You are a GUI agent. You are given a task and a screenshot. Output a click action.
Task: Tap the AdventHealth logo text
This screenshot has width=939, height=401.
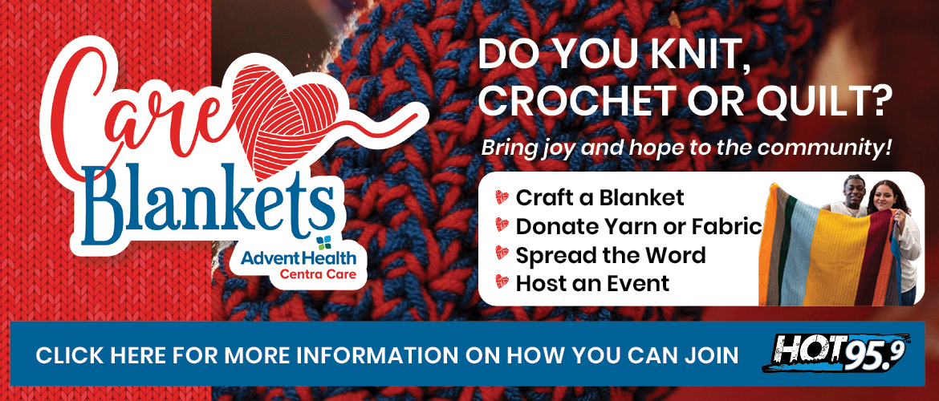tap(299, 258)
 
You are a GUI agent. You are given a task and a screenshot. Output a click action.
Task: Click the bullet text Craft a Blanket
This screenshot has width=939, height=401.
tap(600, 197)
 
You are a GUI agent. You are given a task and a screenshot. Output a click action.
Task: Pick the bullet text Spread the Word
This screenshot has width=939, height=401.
tap(610, 255)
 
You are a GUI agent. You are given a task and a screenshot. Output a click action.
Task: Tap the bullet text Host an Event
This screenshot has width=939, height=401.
tap(592, 283)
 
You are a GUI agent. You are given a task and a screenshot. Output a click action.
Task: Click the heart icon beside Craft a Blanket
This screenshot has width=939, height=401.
tap(502, 197)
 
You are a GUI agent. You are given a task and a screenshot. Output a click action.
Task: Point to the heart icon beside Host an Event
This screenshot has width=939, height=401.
tap(502, 282)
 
